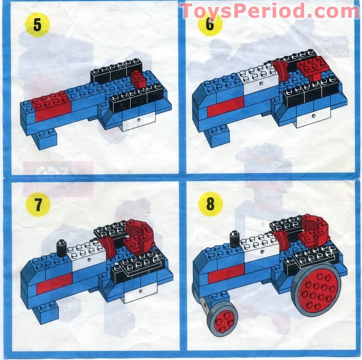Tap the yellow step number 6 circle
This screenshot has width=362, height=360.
[x=210, y=24]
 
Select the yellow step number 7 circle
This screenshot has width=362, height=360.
[x=38, y=204]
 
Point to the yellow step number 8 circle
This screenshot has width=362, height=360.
[x=210, y=204]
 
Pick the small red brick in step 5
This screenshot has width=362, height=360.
[x=139, y=80]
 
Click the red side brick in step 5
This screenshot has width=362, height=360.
[x=51, y=107]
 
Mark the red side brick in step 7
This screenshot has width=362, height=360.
[x=54, y=284]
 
